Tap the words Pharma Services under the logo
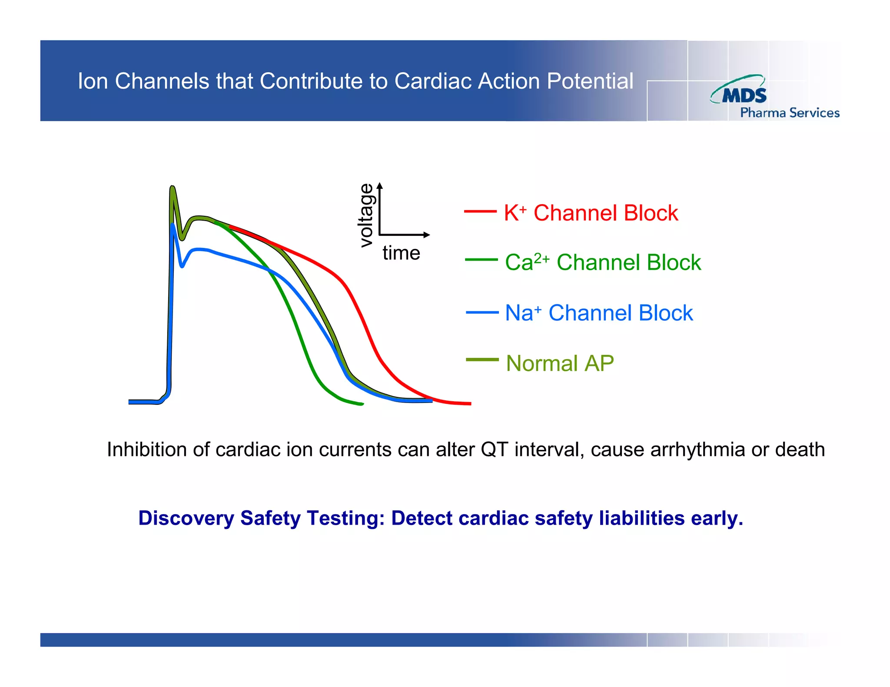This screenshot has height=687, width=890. (x=790, y=113)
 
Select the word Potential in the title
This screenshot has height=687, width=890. (x=590, y=81)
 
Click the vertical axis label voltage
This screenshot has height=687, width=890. (x=366, y=215)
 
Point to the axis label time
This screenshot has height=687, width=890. (x=401, y=253)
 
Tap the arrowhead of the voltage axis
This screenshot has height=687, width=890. (x=380, y=186)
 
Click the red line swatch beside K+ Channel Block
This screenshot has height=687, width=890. (x=480, y=211)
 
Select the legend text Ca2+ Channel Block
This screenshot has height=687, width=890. (x=603, y=262)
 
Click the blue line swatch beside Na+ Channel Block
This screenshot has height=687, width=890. (x=482, y=312)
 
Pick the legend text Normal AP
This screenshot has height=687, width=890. (x=560, y=363)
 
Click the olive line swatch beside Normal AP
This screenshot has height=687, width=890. (x=482, y=360)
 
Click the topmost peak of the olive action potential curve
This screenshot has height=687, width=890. (x=172, y=188)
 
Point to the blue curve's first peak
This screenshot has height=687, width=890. (x=173, y=225)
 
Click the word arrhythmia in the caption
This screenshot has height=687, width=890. (x=698, y=449)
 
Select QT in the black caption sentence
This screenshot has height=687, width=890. (x=494, y=449)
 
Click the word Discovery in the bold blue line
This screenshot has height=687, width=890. (x=186, y=518)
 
